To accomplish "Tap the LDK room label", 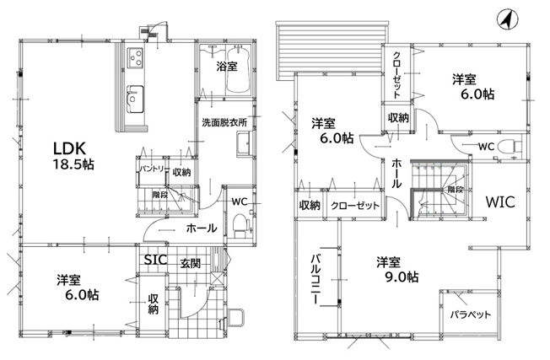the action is coord(69,148).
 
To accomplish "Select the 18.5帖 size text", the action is coord(73,164).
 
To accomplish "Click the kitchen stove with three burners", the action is coord(136,57).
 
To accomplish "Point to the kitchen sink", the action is coord(135,99).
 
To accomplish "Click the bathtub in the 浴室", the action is coord(238,70).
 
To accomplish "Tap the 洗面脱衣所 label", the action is coord(224,122).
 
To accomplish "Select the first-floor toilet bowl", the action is coord(240,224).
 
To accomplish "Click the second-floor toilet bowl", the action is coord(510,145).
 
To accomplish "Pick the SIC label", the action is coord(156,260).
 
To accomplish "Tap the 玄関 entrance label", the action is coord(190,263).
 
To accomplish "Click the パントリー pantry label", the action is coord(154,169).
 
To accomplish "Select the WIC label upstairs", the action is coord(500,201).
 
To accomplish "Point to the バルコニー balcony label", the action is coord(315,279).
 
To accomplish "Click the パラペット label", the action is coord(471,314).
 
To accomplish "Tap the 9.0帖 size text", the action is coord(402,277).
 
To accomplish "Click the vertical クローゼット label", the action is coord(396,75).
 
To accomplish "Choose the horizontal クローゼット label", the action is coord(355,206).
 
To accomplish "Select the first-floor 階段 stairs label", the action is coord(160,195).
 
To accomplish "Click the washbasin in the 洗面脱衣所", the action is coord(243,143).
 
